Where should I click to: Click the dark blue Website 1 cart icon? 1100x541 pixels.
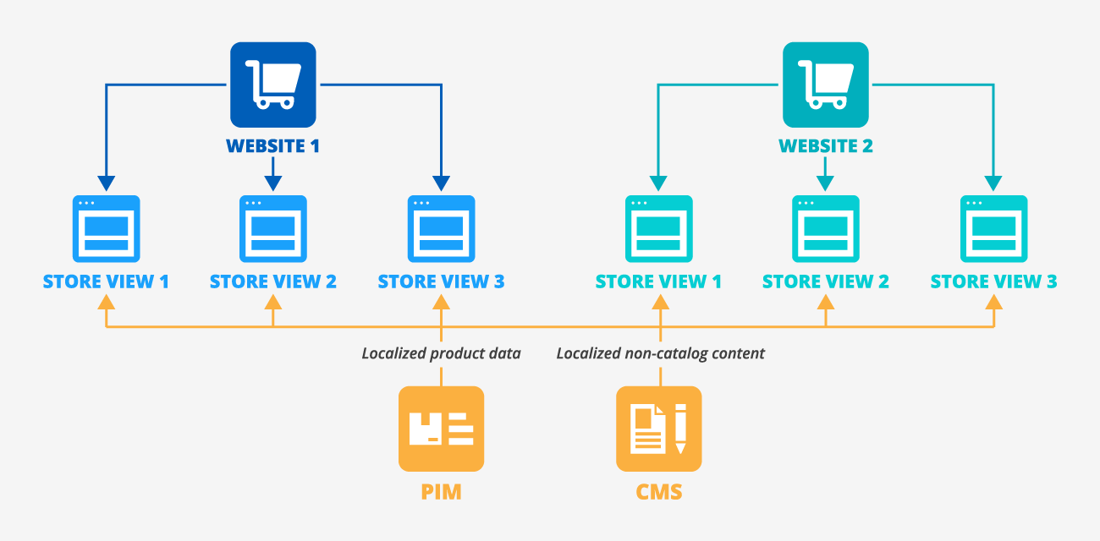click(x=273, y=85)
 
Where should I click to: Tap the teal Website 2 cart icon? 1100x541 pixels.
click(x=825, y=85)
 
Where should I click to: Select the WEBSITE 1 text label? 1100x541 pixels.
click(x=273, y=145)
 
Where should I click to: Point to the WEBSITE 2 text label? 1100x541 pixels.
click(x=825, y=145)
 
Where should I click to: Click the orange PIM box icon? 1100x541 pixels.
click(x=441, y=429)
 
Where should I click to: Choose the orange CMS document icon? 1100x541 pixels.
click(x=658, y=429)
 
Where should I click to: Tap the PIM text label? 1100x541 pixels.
click(x=441, y=492)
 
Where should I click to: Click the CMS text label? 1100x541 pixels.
click(x=658, y=492)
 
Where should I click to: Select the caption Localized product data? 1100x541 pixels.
click(x=441, y=353)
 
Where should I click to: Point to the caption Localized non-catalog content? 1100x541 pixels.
click(x=660, y=353)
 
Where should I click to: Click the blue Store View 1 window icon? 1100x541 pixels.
click(x=106, y=229)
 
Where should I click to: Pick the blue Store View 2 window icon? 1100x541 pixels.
click(x=272, y=229)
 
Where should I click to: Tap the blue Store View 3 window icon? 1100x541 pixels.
click(x=441, y=229)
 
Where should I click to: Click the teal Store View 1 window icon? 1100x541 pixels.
click(x=658, y=229)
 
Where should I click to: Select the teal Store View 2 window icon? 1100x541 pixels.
click(x=826, y=229)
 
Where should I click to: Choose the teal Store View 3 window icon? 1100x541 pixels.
click(x=993, y=229)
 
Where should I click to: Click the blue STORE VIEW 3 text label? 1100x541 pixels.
click(x=441, y=281)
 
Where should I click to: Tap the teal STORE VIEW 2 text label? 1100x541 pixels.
click(x=826, y=281)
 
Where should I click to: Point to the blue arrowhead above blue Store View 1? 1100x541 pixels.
click(x=106, y=183)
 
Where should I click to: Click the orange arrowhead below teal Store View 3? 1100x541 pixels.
click(x=993, y=300)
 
